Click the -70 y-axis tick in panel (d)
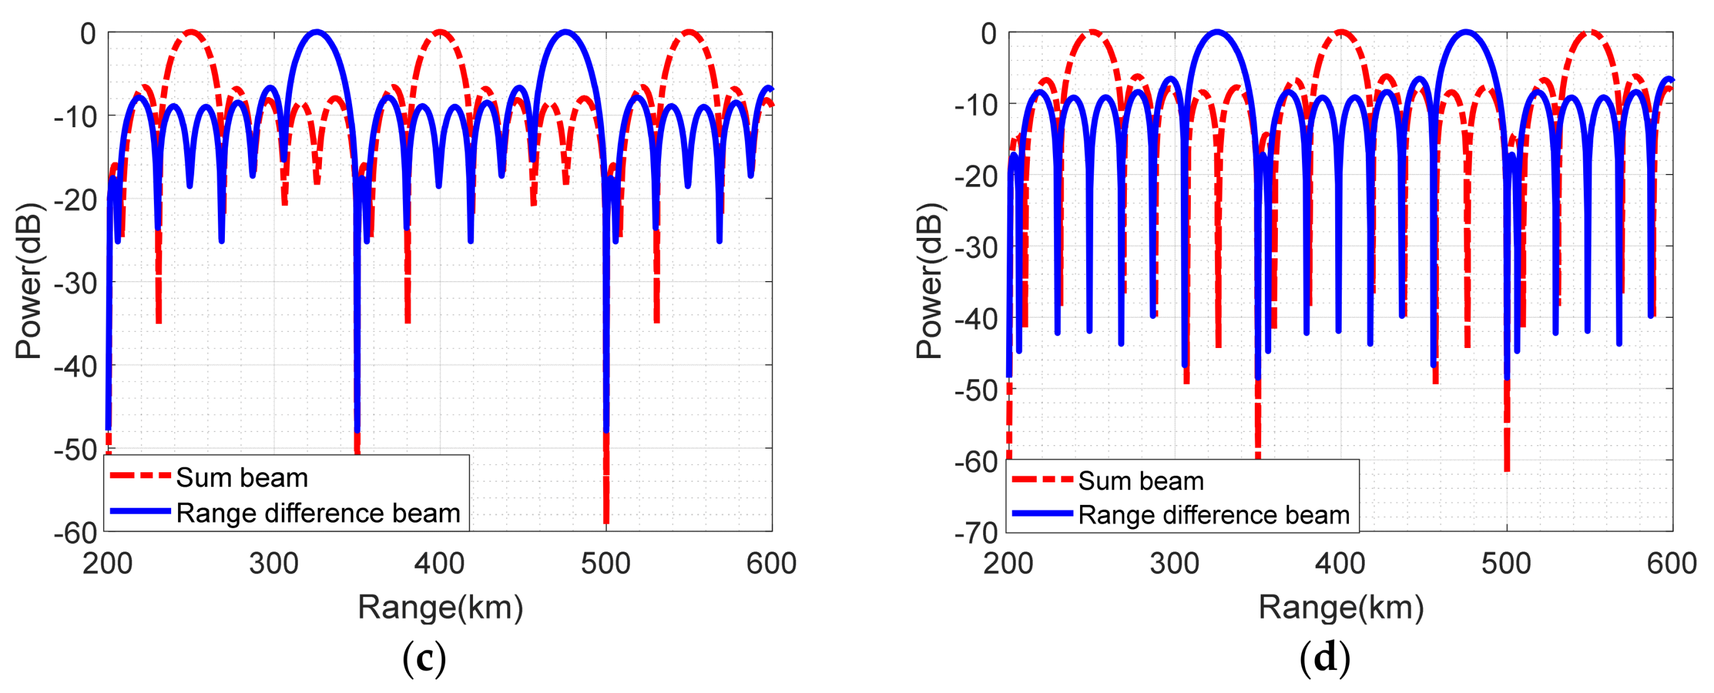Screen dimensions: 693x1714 [975, 533]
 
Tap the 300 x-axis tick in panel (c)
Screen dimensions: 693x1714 [273, 564]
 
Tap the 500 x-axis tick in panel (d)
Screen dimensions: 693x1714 [1506, 564]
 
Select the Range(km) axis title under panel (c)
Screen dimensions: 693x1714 [440, 607]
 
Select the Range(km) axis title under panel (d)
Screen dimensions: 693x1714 [1341, 607]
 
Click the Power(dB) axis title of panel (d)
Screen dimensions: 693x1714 [930, 281]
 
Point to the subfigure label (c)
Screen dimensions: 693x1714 [424, 659]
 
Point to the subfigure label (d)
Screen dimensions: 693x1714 [1325, 659]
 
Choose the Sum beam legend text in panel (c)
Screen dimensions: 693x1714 [241, 478]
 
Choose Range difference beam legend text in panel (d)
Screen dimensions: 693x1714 [1214, 515]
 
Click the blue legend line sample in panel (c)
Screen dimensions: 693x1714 [140, 511]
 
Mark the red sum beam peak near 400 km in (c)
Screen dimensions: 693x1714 [439, 31]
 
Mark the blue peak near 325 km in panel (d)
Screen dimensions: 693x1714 [1217, 31]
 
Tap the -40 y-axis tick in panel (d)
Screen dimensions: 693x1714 [975, 318]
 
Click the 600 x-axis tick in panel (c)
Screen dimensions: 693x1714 [771, 564]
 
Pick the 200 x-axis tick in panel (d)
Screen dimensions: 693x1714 [1008, 564]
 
